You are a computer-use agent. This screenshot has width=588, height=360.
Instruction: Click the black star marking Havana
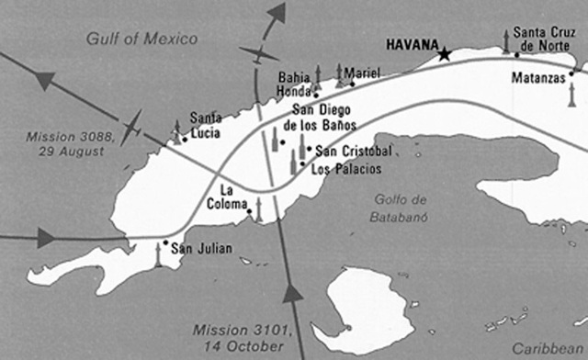(x=446, y=55)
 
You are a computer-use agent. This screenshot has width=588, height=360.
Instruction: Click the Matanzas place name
(x=540, y=77)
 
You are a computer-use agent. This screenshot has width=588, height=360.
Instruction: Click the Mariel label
(x=360, y=73)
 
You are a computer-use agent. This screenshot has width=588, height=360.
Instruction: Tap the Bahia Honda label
(x=294, y=85)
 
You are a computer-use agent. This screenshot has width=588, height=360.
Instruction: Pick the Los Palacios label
(x=345, y=168)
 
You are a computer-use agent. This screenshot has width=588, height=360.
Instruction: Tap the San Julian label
(x=202, y=247)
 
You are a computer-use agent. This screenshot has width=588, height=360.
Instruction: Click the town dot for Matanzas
(x=571, y=73)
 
